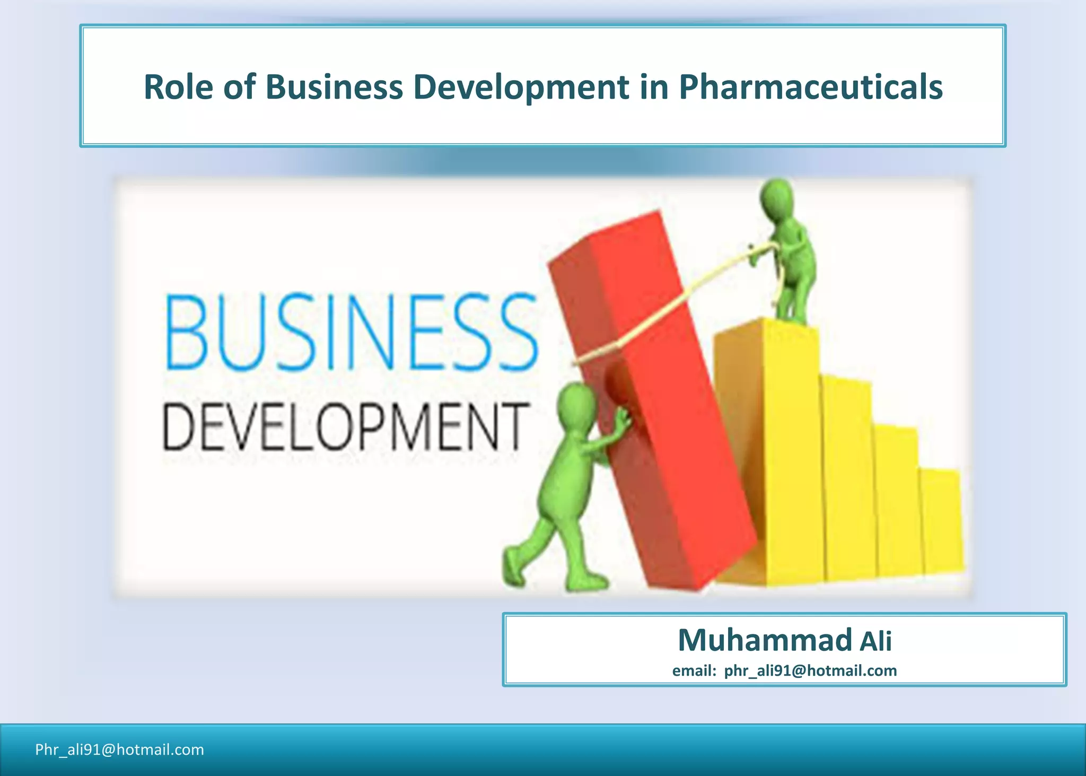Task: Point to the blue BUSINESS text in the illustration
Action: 352,333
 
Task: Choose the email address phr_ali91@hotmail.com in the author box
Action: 810,671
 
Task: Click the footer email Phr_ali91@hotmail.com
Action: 119,749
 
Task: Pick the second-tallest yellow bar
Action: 847,477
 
